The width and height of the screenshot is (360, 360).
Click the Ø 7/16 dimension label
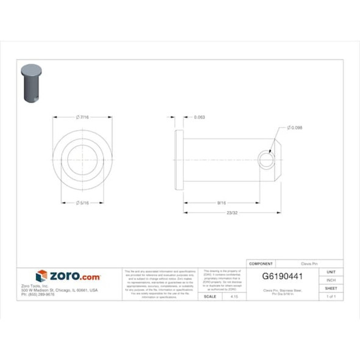coord(84,117)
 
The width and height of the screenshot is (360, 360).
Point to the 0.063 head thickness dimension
coord(198,117)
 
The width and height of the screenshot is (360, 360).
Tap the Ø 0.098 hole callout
coord(295,128)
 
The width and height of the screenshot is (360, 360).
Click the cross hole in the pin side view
coord(266,160)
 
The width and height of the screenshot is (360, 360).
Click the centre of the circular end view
coord(84,160)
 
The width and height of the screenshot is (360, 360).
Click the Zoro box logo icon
coord(41,276)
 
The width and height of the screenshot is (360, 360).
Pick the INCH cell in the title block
coord(331,280)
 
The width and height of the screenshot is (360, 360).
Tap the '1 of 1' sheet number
coord(331,296)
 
